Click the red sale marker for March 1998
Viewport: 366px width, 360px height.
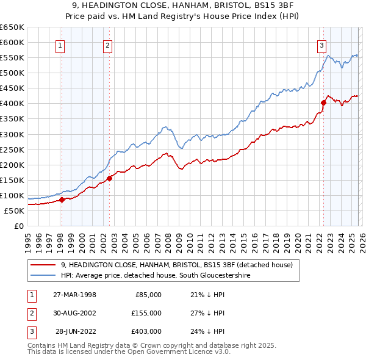point(62,200)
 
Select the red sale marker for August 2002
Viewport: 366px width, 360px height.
point(110,178)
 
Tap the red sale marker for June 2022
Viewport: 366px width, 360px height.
point(323,103)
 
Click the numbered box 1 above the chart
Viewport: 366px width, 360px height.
point(61,45)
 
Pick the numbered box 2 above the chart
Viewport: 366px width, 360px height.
point(107,45)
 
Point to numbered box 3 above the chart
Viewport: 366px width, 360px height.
point(321,45)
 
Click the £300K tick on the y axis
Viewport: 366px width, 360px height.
point(12,134)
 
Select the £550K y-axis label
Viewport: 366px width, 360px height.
point(12,57)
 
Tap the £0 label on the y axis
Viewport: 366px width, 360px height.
point(18,226)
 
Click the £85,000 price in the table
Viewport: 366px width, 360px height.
point(147,295)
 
